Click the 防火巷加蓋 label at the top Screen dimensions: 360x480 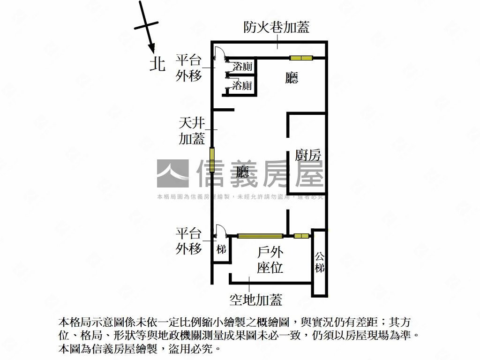(277, 28)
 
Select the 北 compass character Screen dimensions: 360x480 (157, 64)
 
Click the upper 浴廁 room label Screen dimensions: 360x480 (242, 67)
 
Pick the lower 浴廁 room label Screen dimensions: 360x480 (242, 86)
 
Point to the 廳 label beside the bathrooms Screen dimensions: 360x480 (292, 78)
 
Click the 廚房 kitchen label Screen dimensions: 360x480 (307, 155)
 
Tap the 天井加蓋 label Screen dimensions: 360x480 (192, 131)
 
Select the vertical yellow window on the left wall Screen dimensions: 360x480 (212, 159)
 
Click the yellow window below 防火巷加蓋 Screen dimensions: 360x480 (301, 58)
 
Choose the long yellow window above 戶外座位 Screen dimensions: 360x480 (260, 235)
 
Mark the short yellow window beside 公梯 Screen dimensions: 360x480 (301, 235)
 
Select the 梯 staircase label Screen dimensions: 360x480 (222, 249)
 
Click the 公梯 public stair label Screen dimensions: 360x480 (319, 262)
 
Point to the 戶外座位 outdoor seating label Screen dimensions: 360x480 (270, 261)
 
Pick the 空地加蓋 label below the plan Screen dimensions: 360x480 (255, 299)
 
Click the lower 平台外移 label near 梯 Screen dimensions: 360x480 (189, 240)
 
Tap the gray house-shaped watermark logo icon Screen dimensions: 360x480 (172, 173)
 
